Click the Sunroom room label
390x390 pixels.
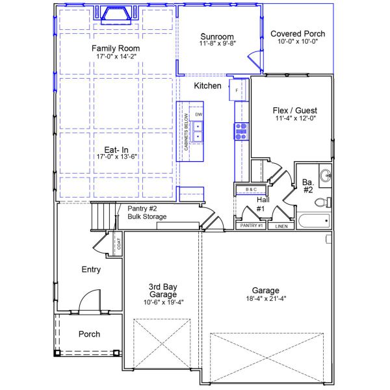[216, 36]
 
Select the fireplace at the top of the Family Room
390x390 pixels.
[116, 14]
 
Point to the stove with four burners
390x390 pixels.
[240, 131]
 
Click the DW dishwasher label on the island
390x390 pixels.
[199, 114]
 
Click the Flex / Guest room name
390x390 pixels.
[292, 110]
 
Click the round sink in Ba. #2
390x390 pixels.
[326, 175]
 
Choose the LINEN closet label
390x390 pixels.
[281, 226]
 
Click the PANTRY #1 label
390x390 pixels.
[251, 225]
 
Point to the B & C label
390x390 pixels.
[251, 189]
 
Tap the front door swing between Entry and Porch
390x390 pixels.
[88, 300]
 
